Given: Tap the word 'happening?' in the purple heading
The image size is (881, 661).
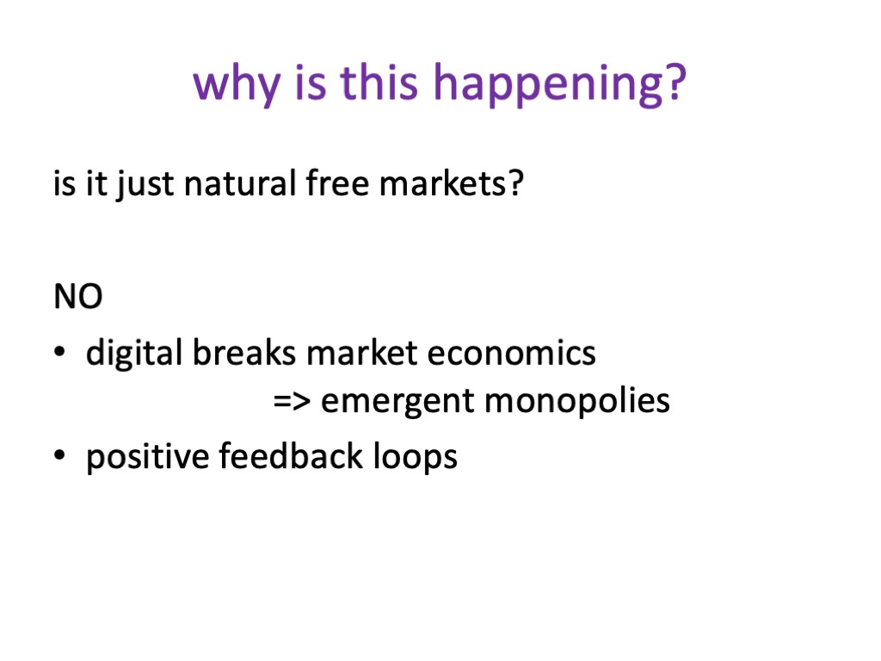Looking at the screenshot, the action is coord(559,83).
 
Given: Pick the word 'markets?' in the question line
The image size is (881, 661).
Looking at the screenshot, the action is coord(451,183).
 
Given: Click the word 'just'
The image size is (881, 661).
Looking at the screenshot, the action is coord(145,185).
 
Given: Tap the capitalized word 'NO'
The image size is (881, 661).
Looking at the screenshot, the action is coord(78,296).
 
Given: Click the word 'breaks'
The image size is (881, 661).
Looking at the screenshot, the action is coord(244,352).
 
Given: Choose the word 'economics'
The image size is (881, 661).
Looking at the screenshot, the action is coord(511,353).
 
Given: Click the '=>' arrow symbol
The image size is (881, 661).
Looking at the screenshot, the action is coord(293,401).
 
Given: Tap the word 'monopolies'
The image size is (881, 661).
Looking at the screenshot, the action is coord(577,402).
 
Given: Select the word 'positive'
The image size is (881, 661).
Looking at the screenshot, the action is coord(147,456).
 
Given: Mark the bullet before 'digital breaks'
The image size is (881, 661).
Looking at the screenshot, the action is coord(59,351).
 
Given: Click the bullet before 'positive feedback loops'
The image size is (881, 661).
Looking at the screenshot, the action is coord(59,454).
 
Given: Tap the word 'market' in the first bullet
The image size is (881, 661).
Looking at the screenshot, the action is coord(362,352).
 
